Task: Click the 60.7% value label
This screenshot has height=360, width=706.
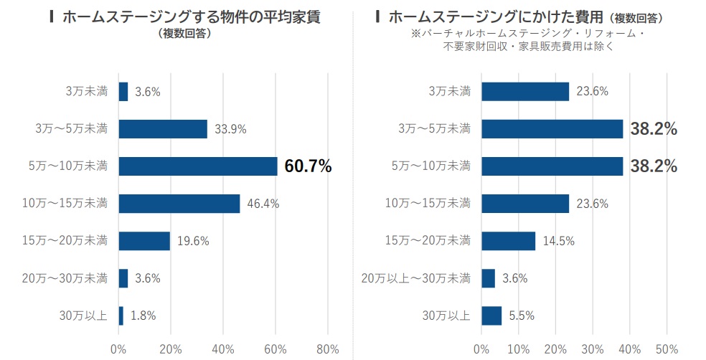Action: tap(308, 166)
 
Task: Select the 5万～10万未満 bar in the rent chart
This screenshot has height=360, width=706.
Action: tap(197, 166)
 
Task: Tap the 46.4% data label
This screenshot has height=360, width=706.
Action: tap(263, 204)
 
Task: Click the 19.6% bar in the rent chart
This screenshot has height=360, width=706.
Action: tap(144, 241)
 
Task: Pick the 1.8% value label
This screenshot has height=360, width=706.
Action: tap(143, 315)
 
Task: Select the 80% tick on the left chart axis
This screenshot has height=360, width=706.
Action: tap(327, 349)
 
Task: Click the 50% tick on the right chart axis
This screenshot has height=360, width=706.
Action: tap(667, 349)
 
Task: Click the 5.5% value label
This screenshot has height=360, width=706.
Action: tap(520, 315)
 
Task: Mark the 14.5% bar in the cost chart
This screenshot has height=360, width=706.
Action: tap(508, 241)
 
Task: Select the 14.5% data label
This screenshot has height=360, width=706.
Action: tap(559, 241)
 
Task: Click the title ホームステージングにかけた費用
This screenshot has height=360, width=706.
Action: tap(494, 16)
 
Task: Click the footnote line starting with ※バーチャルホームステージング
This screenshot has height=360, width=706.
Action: tap(527, 34)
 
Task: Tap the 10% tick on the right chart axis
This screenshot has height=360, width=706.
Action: tap(519, 349)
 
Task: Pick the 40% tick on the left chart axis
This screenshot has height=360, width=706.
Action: tap(223, 349)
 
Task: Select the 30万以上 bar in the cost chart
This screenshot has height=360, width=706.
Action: tap(491, 315)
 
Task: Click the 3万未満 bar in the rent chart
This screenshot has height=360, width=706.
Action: tap(123, 92)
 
